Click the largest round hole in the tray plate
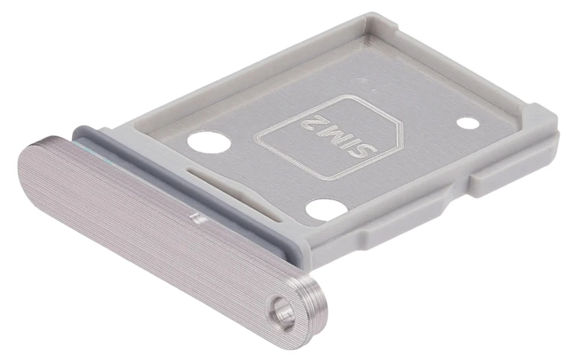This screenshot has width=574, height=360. point(209,142)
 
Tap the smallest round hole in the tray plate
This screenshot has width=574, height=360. point(468,123)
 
